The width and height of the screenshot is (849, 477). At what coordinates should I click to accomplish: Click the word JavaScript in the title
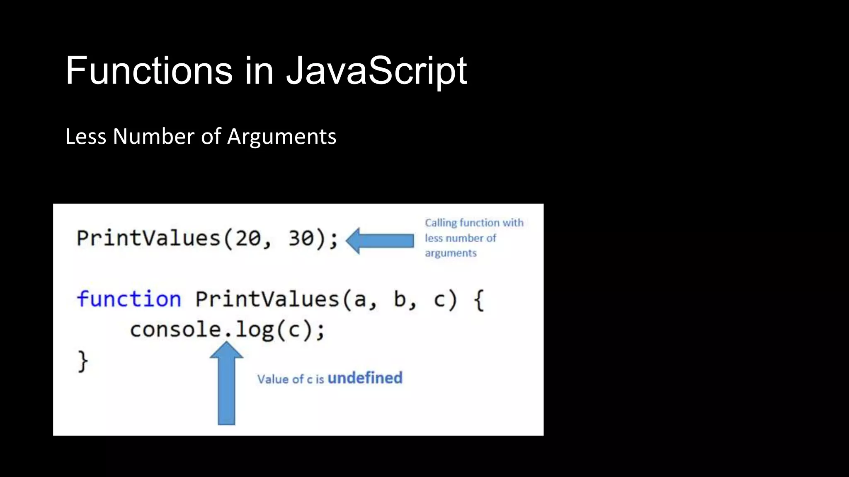coord(376,71)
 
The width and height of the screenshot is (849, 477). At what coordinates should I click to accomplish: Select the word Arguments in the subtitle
coord(282,137)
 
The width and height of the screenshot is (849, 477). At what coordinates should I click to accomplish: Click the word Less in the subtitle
coord(86,137)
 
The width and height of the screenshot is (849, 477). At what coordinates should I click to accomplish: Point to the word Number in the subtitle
coord(154,137)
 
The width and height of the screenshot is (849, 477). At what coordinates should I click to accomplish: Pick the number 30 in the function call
coord(301,238)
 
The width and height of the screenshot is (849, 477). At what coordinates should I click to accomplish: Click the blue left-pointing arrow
coord(380,241)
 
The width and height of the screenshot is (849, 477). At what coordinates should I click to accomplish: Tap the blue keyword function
coord(129,299)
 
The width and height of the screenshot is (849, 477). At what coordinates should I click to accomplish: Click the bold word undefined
coord(365,378)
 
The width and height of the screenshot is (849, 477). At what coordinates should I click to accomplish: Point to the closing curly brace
coord(83,361)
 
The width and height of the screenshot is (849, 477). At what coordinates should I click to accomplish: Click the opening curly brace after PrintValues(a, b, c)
coord(479,300)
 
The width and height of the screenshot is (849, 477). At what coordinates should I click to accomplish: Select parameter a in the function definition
coord(360,300)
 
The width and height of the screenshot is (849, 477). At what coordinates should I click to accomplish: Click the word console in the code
coord(176,330)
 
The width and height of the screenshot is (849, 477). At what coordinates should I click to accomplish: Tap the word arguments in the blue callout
coord(451,253)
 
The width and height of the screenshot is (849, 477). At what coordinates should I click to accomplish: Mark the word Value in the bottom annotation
coord(273,379)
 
